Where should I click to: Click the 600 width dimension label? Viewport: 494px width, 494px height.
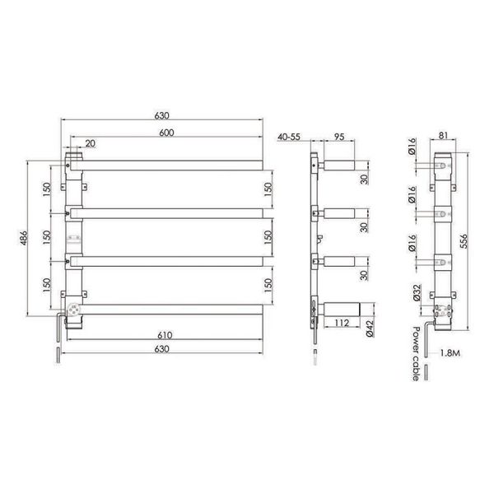point(166,133)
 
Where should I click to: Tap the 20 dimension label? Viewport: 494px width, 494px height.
point(90,143)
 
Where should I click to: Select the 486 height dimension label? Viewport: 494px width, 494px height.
point(24,239)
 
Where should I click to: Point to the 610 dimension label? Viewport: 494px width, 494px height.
point(165,335)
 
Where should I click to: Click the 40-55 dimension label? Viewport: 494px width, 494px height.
point(289,137)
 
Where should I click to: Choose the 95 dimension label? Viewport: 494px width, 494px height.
point(339,137)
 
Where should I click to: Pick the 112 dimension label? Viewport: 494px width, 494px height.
point(342,323)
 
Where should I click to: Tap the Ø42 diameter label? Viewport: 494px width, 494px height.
point(370,329)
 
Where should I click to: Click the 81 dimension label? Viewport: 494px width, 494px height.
point(443,136)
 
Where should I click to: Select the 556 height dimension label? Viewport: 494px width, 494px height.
point(464,241)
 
